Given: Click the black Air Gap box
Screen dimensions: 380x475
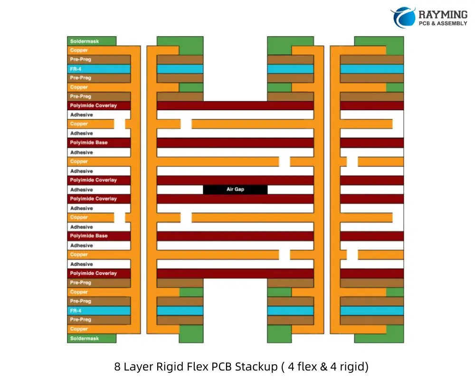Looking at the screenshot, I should [x=235, y=190].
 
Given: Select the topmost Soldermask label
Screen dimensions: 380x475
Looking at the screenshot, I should [x=85, y=41].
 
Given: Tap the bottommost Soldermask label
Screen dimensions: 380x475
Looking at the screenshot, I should [x=85, y=339].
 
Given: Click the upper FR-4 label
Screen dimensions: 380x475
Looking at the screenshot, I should [x=76, y=69].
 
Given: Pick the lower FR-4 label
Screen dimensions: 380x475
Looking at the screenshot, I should [x=76, y=311].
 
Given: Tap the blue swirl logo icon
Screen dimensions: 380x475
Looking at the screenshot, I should [x=403, y=17].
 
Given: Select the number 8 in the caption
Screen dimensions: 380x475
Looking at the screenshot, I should [x=117, y=367].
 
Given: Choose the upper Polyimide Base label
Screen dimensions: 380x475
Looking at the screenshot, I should [x=89, y=142].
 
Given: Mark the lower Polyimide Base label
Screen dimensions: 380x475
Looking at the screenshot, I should [x=89, y=236].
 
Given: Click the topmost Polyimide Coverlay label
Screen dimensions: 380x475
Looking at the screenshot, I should [x=94, y=105].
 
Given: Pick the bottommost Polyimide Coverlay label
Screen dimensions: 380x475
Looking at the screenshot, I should [x=94, y=274].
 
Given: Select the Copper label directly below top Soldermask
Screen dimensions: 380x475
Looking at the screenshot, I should [x=79, y=50].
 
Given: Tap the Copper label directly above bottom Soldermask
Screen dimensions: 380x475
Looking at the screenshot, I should [x=79, y=329].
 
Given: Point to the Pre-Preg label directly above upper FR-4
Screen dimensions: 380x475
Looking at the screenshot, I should [x=81, y=60].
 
